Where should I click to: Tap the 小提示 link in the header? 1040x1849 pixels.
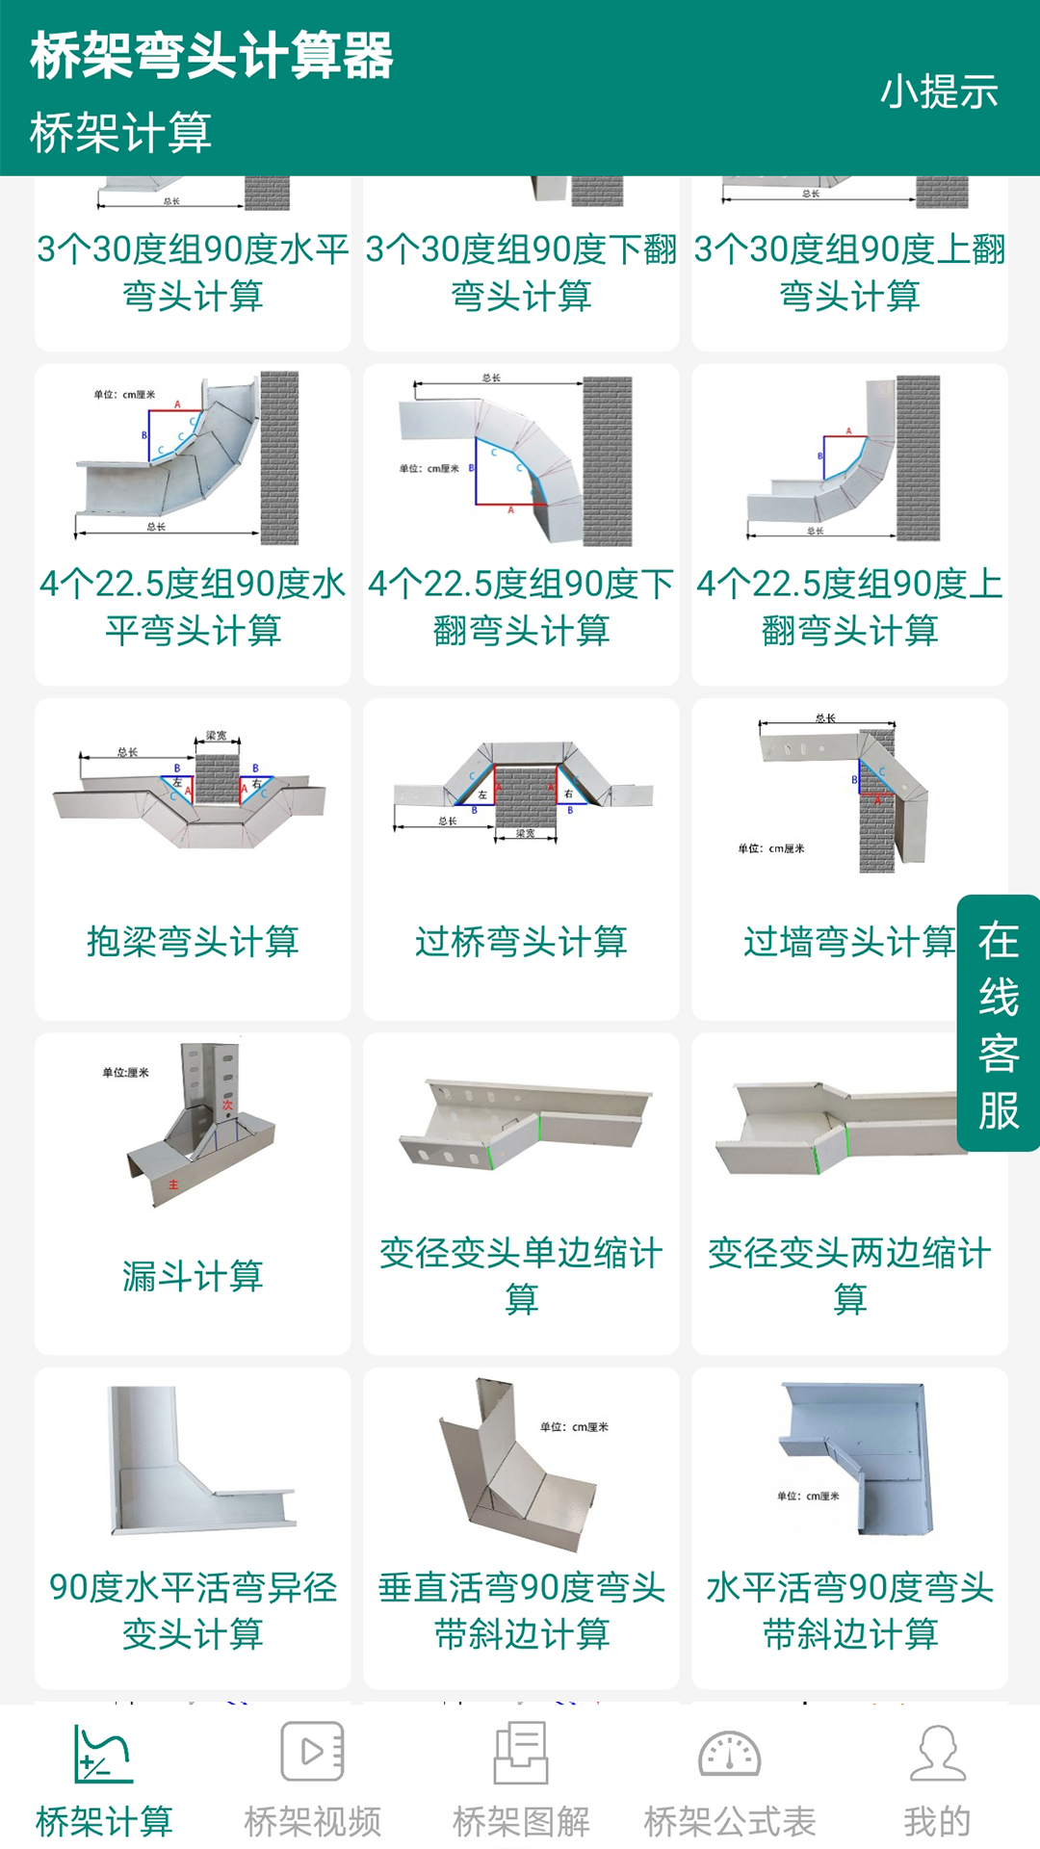pos(939,92)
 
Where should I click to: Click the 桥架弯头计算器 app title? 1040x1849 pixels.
pos(212,55)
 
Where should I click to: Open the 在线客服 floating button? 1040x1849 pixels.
pos(999,1024)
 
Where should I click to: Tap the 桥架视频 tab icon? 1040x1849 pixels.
pos(312,1752)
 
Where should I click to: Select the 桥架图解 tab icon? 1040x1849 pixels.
pos(521,1752)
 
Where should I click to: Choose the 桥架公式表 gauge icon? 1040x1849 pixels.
pos(729,1754)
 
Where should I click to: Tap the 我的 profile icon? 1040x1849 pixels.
pos(937,1754)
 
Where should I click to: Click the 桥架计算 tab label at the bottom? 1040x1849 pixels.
pos(104,1821)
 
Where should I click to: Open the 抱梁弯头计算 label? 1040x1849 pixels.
pos(193,941)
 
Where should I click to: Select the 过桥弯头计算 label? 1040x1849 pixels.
pos(521,941)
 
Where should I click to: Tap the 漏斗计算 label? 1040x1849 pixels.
pos(193,1276)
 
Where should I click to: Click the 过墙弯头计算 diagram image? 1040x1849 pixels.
pos(838,794)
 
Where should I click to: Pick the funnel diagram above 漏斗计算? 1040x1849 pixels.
pos(197,1122)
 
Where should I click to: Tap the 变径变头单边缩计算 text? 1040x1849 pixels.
pos(521,1276)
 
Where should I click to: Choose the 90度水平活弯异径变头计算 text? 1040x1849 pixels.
pos(193,1610)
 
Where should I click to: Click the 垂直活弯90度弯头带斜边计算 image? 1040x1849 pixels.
pos(521,1464)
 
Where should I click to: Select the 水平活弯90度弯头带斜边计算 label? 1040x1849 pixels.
pos(849,1610)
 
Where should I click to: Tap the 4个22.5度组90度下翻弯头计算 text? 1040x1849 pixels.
pos(521,607)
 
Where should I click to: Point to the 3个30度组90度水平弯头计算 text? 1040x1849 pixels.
pos(193,273)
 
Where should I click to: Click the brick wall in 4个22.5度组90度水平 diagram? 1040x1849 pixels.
pos(279,457)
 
